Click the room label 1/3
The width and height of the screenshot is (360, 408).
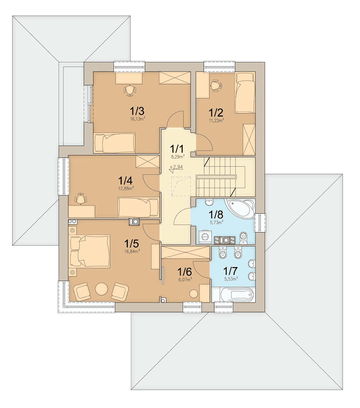tap(137, 112)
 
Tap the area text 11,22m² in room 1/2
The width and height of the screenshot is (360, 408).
tap(216, 120)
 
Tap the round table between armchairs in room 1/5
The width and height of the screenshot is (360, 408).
tap(102, 289)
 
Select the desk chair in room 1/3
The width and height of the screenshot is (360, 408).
tap(130, 90)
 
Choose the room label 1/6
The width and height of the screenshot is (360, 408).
tap(185, 272)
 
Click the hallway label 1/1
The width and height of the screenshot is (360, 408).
tap(177, 149)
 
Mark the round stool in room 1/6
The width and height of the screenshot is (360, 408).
tap(194, 294)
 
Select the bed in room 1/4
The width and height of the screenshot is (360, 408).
tap(138, 207)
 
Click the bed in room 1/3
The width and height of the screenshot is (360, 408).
tap(114, 143)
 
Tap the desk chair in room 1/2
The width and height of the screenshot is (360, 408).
tap(216, 86)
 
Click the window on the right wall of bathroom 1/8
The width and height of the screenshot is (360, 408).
tap(260, 223)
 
